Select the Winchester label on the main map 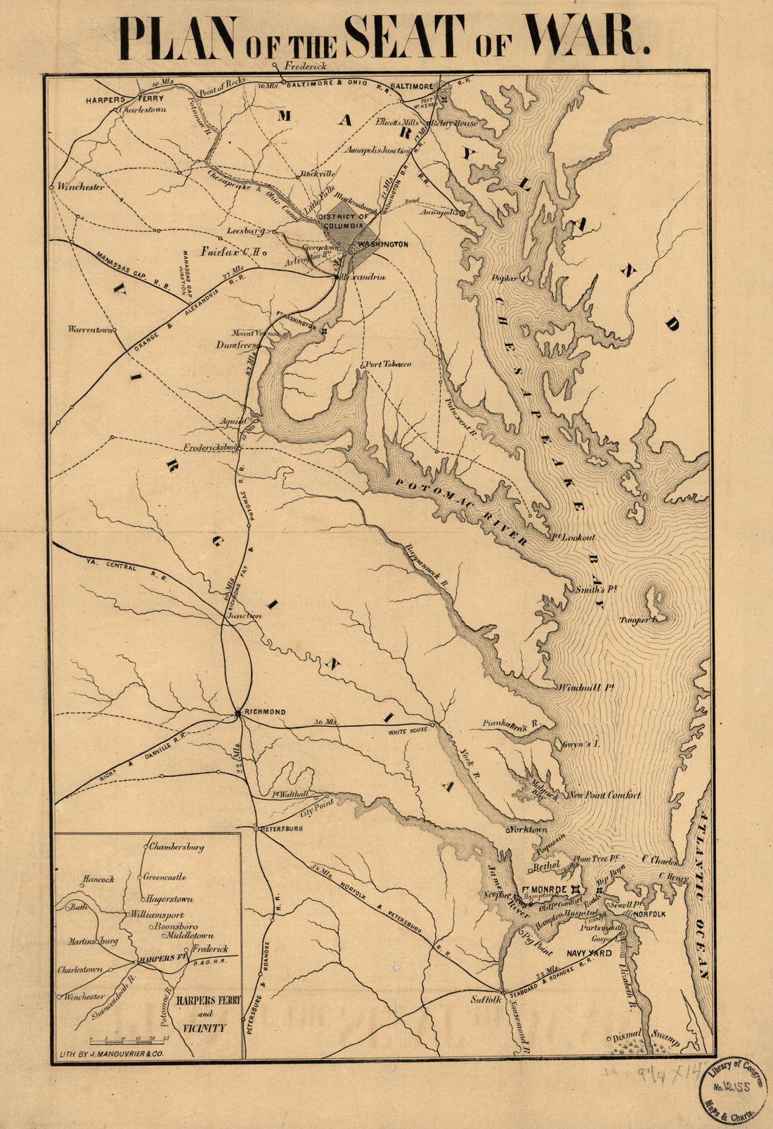click(x=82, y=187)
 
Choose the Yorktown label click(x=529, y=830)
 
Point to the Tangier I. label click(x=638, y=619)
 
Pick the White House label click(x=408, y=732)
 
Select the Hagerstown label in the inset click(x=170, y=899)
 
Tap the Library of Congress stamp click(x=732, y=1088)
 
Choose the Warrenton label click(x=90, y=329)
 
